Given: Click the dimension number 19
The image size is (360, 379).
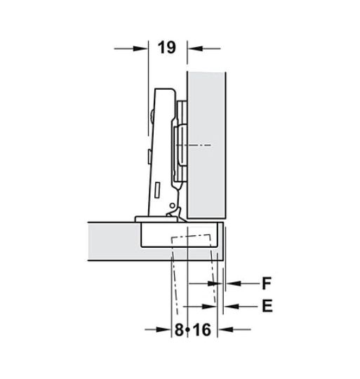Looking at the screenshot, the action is point(167,48).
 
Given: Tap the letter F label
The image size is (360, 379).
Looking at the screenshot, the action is point(267,283).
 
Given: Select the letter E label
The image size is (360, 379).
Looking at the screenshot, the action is point(267,306).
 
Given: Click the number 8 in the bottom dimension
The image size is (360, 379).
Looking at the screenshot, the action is point(179,330).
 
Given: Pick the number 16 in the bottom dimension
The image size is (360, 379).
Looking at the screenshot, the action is point(201,330).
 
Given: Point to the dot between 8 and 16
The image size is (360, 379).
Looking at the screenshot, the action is point(187,330).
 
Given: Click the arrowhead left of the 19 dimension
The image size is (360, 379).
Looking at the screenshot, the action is point(140,48).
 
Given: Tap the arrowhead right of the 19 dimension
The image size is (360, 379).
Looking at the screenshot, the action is point(195,48).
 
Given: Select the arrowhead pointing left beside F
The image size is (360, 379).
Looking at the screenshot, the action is point(233,283).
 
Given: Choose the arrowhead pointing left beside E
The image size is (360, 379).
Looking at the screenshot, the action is point(231,306).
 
